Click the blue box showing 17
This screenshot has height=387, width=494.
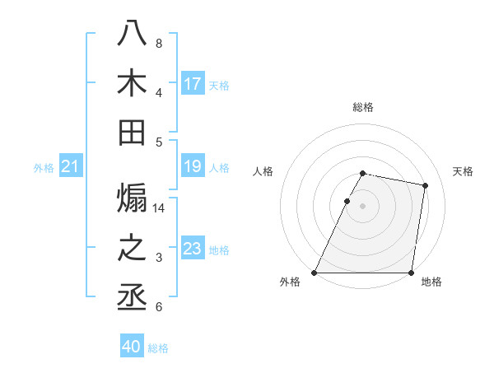click(x=193, y=83)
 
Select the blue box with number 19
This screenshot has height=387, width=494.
click(x=193, y=166)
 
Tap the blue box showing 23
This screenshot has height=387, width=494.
click(x=193, y=249)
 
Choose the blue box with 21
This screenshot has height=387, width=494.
click(x=71, y=167)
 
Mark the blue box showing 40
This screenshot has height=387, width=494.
click(x=132, y=347)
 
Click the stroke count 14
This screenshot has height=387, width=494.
click(x=160, y=208)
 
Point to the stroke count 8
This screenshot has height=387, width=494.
click(x=159, y=43)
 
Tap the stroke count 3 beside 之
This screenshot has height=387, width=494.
click(x=159, y=258)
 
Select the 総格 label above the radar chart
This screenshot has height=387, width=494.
click(x=363, y=107)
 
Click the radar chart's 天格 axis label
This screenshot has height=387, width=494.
click(x=464, y=171)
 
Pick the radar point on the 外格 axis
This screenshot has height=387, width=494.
click(x=315, y=273)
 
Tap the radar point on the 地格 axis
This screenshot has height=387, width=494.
click(x=411, y=273)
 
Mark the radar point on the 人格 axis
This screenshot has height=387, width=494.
click(x=347, y=201)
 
